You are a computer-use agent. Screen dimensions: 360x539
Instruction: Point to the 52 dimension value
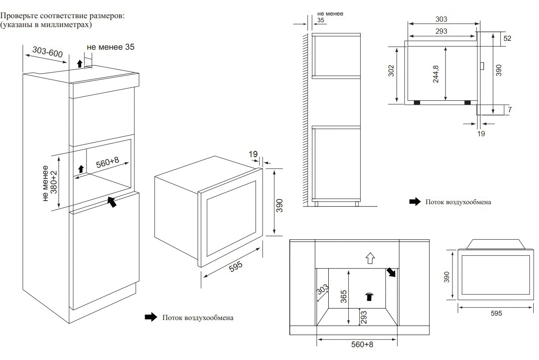[508, 39]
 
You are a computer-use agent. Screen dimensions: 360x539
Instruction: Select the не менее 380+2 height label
[49, 183]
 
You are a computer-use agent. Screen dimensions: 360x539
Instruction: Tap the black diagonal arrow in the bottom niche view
[391, 272]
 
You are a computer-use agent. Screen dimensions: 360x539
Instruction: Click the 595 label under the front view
[496, 313]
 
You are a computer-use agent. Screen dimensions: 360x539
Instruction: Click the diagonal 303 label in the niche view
[323, 290]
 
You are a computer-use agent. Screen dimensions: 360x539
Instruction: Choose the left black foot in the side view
[417, 103]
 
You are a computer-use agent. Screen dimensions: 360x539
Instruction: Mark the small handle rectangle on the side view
[482, 66]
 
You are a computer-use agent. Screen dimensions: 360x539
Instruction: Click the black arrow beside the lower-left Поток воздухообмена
[151, 317]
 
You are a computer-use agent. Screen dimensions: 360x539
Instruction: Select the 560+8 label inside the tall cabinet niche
[107, 163]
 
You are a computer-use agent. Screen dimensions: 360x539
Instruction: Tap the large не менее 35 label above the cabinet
[110, 47]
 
